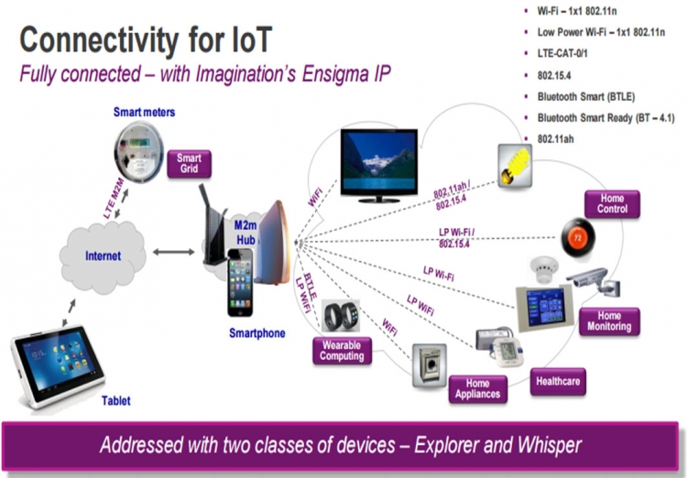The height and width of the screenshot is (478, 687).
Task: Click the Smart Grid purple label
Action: pos(190,164)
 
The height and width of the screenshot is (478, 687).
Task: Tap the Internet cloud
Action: pos(103,255)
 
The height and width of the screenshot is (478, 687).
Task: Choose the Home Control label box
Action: pos(612,203)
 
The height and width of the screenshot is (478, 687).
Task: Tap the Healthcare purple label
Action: pos(557,380)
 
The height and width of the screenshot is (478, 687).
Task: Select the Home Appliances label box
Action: pos(477,388)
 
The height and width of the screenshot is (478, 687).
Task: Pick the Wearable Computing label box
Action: pos(342,351)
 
